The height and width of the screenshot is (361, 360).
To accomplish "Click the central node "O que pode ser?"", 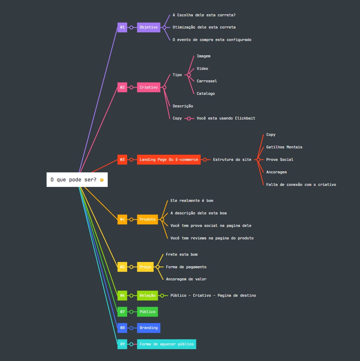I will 77,180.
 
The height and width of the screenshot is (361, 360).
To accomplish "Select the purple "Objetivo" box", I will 148,27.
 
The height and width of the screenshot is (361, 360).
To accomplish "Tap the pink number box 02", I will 122,87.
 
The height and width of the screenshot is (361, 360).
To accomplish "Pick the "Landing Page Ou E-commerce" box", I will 169,159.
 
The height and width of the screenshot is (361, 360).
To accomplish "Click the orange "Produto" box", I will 147,220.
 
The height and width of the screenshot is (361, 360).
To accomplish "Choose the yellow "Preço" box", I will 145,267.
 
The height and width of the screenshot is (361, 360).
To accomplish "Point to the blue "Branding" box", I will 148,328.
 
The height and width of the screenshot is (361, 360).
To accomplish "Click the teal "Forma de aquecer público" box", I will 166,344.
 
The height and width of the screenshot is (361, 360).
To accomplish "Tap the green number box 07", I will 122,312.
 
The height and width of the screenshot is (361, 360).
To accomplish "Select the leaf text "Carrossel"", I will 207,81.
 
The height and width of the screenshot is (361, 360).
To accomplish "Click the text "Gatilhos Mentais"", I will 284,147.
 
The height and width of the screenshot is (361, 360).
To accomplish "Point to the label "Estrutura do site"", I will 232,159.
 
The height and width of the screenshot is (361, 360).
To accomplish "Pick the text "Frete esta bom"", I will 182,254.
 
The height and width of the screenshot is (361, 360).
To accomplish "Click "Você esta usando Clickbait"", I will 226,118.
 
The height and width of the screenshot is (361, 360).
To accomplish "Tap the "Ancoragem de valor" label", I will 186,279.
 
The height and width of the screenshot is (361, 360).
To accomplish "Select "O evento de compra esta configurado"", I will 212,40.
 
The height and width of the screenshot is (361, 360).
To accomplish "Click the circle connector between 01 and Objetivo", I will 131,27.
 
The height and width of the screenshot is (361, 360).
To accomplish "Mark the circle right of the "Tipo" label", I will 189,75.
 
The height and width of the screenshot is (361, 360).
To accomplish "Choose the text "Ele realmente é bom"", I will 192,200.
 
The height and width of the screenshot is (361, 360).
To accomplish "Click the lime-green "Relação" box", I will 147,296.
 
